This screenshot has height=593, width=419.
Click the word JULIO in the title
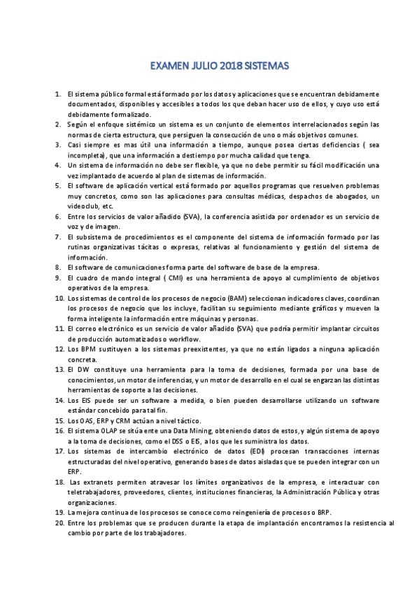coord(202,66)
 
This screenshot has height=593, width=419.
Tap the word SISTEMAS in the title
coord(267,66)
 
